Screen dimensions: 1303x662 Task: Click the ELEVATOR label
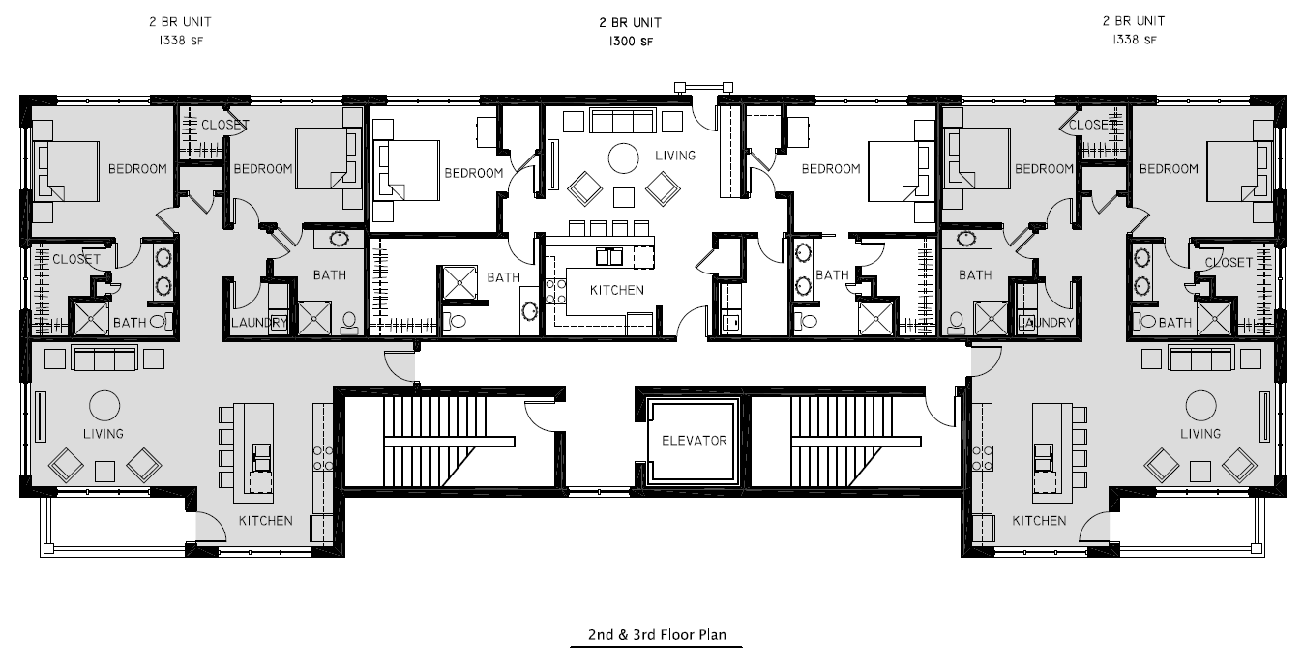(x=694, y=441)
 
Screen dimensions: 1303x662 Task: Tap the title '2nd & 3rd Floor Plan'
(x=657, y=634)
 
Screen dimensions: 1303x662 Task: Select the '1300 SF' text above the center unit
(x=631, y=42)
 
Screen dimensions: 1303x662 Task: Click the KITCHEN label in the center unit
(x=616, y=290)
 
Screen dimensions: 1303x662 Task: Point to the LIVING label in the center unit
(x=675, y=156)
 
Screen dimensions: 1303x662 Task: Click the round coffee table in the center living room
(x=623, y=158)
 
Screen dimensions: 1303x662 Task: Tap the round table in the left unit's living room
(x=104, y=406)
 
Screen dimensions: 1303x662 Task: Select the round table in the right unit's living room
(x=1200, y=406)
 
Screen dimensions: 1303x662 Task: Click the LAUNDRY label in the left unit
(x=259, y=323)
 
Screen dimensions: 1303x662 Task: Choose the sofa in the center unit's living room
(x=622, y=121)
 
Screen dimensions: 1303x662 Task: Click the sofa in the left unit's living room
(x=104, y=358)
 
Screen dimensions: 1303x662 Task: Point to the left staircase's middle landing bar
(x=449, y=442)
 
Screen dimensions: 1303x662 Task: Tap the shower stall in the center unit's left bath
(x=459, y=283)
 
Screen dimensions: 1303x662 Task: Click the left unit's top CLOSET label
(x=225, y=125)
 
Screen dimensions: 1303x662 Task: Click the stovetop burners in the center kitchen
(x=555, y=292)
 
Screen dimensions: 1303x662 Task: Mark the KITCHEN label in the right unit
(x=1039, y=521)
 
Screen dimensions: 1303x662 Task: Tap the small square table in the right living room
(x=1200, y=472)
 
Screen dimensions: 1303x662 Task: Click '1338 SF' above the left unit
(x=181, y=40)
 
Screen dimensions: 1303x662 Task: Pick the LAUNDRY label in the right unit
(x=1046, y=323)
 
